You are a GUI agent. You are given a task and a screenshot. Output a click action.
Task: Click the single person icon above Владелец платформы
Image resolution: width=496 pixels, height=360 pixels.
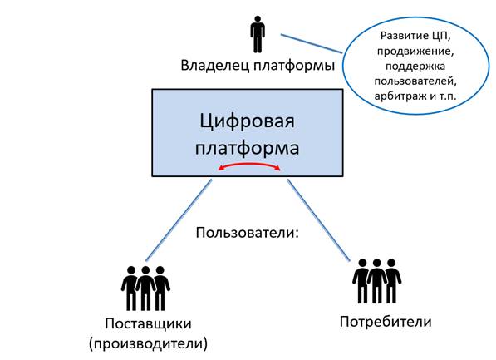258,34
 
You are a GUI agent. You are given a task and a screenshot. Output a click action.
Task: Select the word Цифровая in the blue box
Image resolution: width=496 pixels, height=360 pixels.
247,121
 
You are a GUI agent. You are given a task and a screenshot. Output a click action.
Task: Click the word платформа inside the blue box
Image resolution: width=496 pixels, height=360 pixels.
247,148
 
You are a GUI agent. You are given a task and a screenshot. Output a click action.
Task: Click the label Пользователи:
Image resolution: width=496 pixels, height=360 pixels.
248,233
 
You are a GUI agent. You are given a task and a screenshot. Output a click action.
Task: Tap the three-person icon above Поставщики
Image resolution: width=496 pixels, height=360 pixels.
145,288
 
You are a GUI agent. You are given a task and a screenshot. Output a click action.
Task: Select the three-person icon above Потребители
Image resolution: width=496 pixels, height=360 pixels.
376,281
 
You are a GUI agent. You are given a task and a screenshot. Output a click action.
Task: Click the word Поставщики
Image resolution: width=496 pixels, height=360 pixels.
149,324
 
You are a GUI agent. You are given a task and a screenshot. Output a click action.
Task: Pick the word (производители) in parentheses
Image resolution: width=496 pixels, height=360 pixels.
149,344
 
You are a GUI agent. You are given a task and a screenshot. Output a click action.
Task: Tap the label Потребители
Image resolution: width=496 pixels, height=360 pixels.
386,322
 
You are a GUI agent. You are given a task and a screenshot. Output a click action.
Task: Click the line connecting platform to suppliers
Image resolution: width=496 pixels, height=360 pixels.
179,219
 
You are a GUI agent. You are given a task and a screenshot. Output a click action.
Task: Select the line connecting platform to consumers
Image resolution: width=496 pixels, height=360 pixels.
318,220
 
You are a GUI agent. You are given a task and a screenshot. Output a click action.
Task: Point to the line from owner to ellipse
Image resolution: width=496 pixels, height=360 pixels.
312,43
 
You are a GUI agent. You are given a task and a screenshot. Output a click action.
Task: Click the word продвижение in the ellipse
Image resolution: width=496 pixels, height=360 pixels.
415,52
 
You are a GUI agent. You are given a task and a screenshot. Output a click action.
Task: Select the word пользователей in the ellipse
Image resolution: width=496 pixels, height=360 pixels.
415,81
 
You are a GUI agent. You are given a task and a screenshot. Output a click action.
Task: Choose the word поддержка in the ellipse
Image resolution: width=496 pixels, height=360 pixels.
415,67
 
